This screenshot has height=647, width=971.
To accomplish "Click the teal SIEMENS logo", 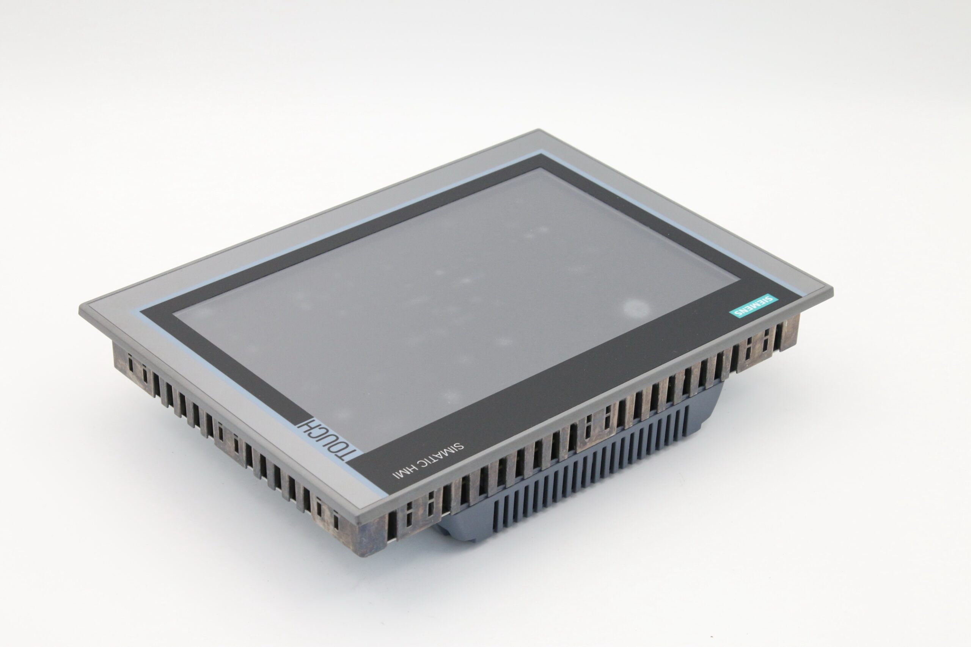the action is point(753,306).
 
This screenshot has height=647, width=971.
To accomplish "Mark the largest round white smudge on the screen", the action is point(635,308).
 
